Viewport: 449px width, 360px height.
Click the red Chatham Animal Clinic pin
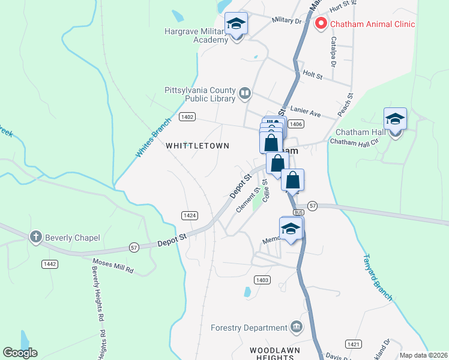point(321,23)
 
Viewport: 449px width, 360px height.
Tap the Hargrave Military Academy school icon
point(237,25)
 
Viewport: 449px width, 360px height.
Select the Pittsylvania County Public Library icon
point(245,93)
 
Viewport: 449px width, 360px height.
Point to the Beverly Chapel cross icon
point(36,237)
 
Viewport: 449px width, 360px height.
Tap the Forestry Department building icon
point(295,327)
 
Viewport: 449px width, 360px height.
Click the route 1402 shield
point(187,117)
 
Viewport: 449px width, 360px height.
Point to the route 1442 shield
point(50,264)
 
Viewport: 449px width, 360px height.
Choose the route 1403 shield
point(262,280)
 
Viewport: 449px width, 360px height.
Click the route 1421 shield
point(353,344)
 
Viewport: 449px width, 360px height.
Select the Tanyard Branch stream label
point(378,277)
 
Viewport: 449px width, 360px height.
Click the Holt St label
point(313,76)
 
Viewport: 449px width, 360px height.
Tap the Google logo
point(20,353)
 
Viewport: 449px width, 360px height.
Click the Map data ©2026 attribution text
point(423,355)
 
